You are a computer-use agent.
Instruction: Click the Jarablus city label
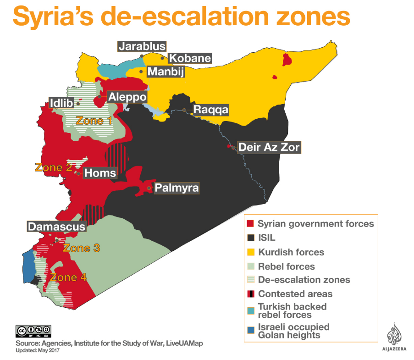pyautogui.click(x=142, y=46)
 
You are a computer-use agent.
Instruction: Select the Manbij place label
pyautogui.click(x=163, y=72)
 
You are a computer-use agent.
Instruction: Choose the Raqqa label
pyautogui.click(x=210, y=110)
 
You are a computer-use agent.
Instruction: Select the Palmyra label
pyautogui.click(x=177, y=188)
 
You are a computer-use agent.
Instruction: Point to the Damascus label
pyautogui.click(x=56, y=227)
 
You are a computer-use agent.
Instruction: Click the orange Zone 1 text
pyautogui.click(x=94, y=121)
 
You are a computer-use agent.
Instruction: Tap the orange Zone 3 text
pyautogui.click(x=81, y=248)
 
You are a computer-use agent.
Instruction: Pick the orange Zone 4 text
pyautogui.click(x=68, y=277)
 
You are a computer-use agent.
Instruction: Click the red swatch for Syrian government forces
pyautogui.click(x=250, y=224)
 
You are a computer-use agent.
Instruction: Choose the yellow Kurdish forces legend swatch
pyautogui.click(x=250, y=252)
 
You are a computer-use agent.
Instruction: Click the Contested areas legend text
pyautogui.click(x=295, y=294)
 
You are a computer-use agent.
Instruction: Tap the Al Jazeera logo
pyautogui.click(x=394, y=337)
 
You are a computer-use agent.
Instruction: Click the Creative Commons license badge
pyautogui.click(x=33, y=331)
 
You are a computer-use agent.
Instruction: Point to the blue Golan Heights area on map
pyautogui.click(x=28, y=266)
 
